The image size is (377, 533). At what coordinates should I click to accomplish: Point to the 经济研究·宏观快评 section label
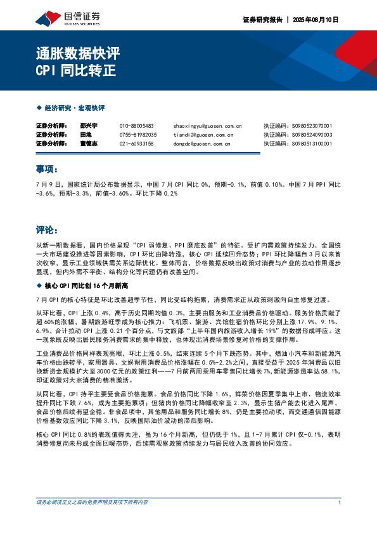[x=70, y=108]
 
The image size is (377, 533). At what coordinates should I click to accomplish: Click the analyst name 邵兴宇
[x=89, y=126]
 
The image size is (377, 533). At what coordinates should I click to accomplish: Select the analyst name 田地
[x=86, y=135]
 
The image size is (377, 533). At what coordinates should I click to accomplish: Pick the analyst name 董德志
[x=89, y=144]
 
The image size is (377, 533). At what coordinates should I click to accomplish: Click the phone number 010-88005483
[x=137, y=126]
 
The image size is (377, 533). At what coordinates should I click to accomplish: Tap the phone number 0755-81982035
[x=138, y=135]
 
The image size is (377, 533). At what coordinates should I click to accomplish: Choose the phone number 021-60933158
[x=137, y=144]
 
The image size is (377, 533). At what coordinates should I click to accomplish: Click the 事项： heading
[x=48, y=169]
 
